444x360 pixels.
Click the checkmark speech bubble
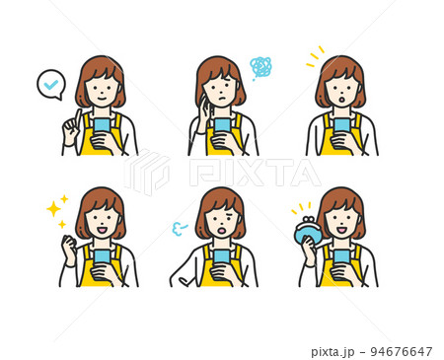pos(50,84)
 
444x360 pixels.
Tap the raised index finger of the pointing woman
pos(77,117)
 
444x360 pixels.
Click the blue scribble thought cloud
pos(260,67)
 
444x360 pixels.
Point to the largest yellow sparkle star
pos(53,209)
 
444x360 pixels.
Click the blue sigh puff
pos(179,229)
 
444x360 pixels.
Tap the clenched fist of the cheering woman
pos(69,243)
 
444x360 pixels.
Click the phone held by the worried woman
pos(222,125)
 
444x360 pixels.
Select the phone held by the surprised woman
pos(341,125)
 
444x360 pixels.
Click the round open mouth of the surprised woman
pos(341,99)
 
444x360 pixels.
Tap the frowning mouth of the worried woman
pos(222,99)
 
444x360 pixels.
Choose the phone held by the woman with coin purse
pos(341,257)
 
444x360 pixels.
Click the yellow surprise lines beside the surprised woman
pos(315,56)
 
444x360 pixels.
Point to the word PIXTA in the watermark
pos(255,173)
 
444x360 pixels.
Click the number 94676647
pos(402,351)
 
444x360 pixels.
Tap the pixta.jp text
pos(333,352)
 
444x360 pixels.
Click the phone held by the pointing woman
pos(102,125)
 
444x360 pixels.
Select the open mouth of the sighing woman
pos(222,231)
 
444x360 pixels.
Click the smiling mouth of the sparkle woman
pos(102,230)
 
